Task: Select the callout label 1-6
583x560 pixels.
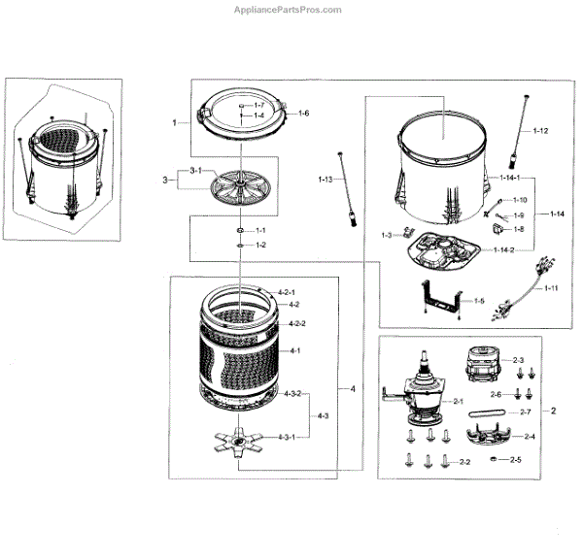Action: tap(304, 114)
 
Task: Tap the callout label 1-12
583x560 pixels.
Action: tap(541, 130)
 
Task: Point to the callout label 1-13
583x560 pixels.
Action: tap(325, 181)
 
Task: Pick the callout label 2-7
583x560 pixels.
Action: tap(525, 412)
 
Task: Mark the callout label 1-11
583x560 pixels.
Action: tap(551, 288)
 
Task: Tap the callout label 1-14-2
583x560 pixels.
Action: tap(502, 251)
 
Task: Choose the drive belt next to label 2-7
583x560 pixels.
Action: tap(487, 413)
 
